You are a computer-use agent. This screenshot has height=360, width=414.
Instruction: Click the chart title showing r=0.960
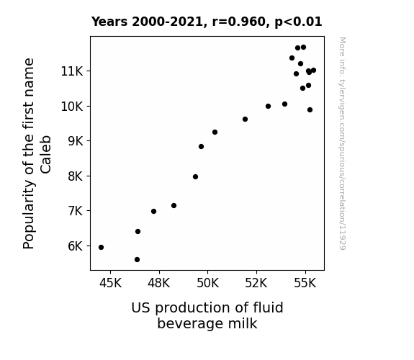pyautogui.click(x=207, y=22)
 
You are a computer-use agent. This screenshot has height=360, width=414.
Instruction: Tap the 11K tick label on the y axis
pyautogui.click(x=72, y=71)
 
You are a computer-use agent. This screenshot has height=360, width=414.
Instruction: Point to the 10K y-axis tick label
pyautogui.click(x=72, y=107)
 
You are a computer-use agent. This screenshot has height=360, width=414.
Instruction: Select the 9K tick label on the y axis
pyautogui.click(x=76, y=141)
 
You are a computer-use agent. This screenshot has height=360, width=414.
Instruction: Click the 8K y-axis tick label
pyautogui.click(x=76, y=176)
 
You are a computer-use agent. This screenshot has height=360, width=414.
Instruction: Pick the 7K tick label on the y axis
pyautogui.click(x=76, y=211)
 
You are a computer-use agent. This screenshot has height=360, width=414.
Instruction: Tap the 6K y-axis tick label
pyautogui.click(x=76, y=246)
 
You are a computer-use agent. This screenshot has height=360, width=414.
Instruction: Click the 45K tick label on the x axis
pyautogui.click(x=110, y=283)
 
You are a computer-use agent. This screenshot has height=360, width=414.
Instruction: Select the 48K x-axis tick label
pyautogui.click(x=159, y=283)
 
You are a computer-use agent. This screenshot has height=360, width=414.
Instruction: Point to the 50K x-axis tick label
pyautogui.click(x=208, y=283)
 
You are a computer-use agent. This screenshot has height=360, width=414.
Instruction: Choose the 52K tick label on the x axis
pyautogui.click(x=256, y=283)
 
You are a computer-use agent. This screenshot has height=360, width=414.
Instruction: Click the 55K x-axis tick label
pyautogui.click(x=305, y=283)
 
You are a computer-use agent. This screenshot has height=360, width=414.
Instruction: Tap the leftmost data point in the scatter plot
pyautogui.click(x=101, y=248)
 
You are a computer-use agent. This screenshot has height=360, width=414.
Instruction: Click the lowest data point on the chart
pyautogui.click(x=137, y=260)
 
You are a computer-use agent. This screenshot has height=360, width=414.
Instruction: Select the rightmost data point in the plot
pyautogui.click(x=313, y=71)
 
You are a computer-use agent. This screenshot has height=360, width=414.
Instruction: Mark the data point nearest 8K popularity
pyautogui.click(x=195, y=177)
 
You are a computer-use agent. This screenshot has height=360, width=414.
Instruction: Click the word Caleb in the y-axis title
pyautogui.click(x=45, y=155)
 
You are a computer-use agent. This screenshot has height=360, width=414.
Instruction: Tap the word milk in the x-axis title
pyautogui.click(x=243, y=323)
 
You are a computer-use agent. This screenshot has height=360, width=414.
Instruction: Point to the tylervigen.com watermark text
pyautogui.click(x=342, y=143)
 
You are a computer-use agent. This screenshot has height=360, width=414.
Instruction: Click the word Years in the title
pyautogui.click(x=109, y=22)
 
